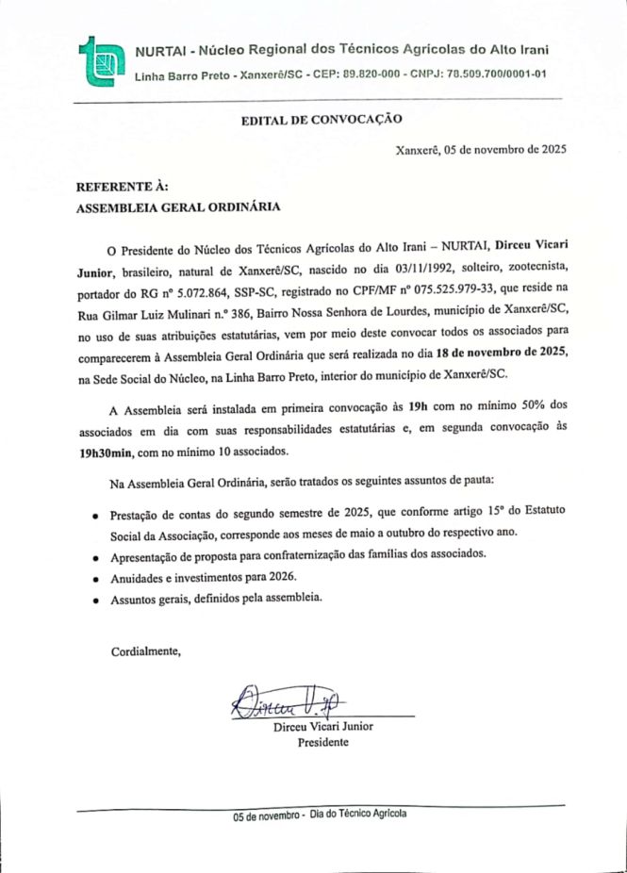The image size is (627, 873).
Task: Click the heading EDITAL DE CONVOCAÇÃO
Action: pos(322,120)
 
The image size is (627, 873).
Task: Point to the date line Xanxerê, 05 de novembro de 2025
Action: pos(481,149)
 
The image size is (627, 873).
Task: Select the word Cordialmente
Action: pos(145,651)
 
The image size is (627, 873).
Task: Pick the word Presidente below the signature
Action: pos(323,742)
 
